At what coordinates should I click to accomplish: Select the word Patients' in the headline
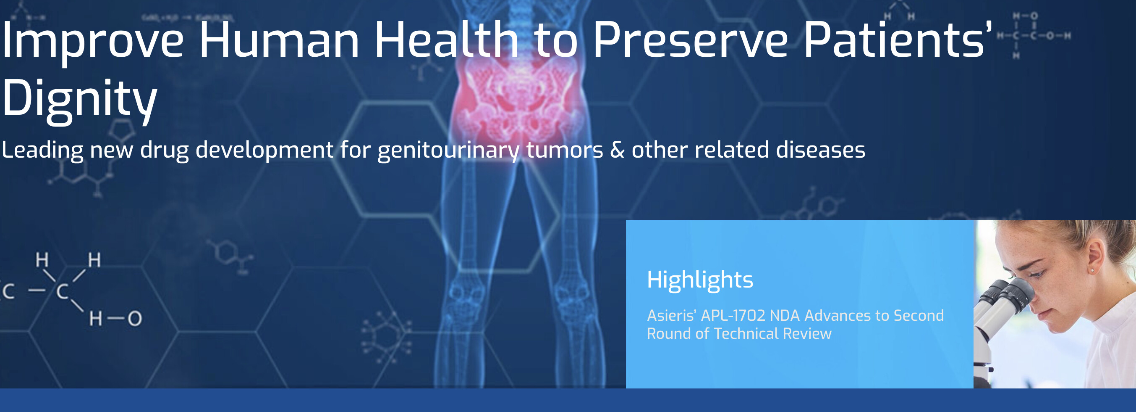tap(898, 40)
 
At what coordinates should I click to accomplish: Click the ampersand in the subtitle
tap(618, 150)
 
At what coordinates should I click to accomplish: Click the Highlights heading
tap(700, 280)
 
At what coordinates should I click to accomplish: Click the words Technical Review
tap(772, 333)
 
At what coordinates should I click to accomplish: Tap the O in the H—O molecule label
tap(135, 318)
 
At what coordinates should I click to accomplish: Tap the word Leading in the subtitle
tap(42, 151)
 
